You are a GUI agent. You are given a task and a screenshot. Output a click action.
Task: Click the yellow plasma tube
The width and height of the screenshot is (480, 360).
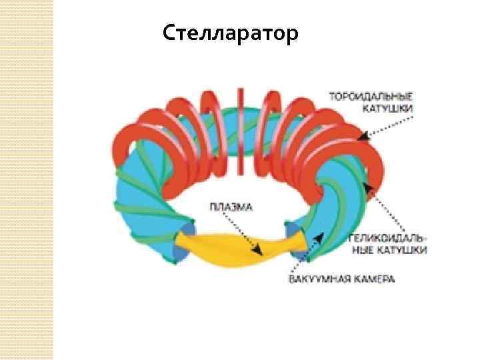227,245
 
